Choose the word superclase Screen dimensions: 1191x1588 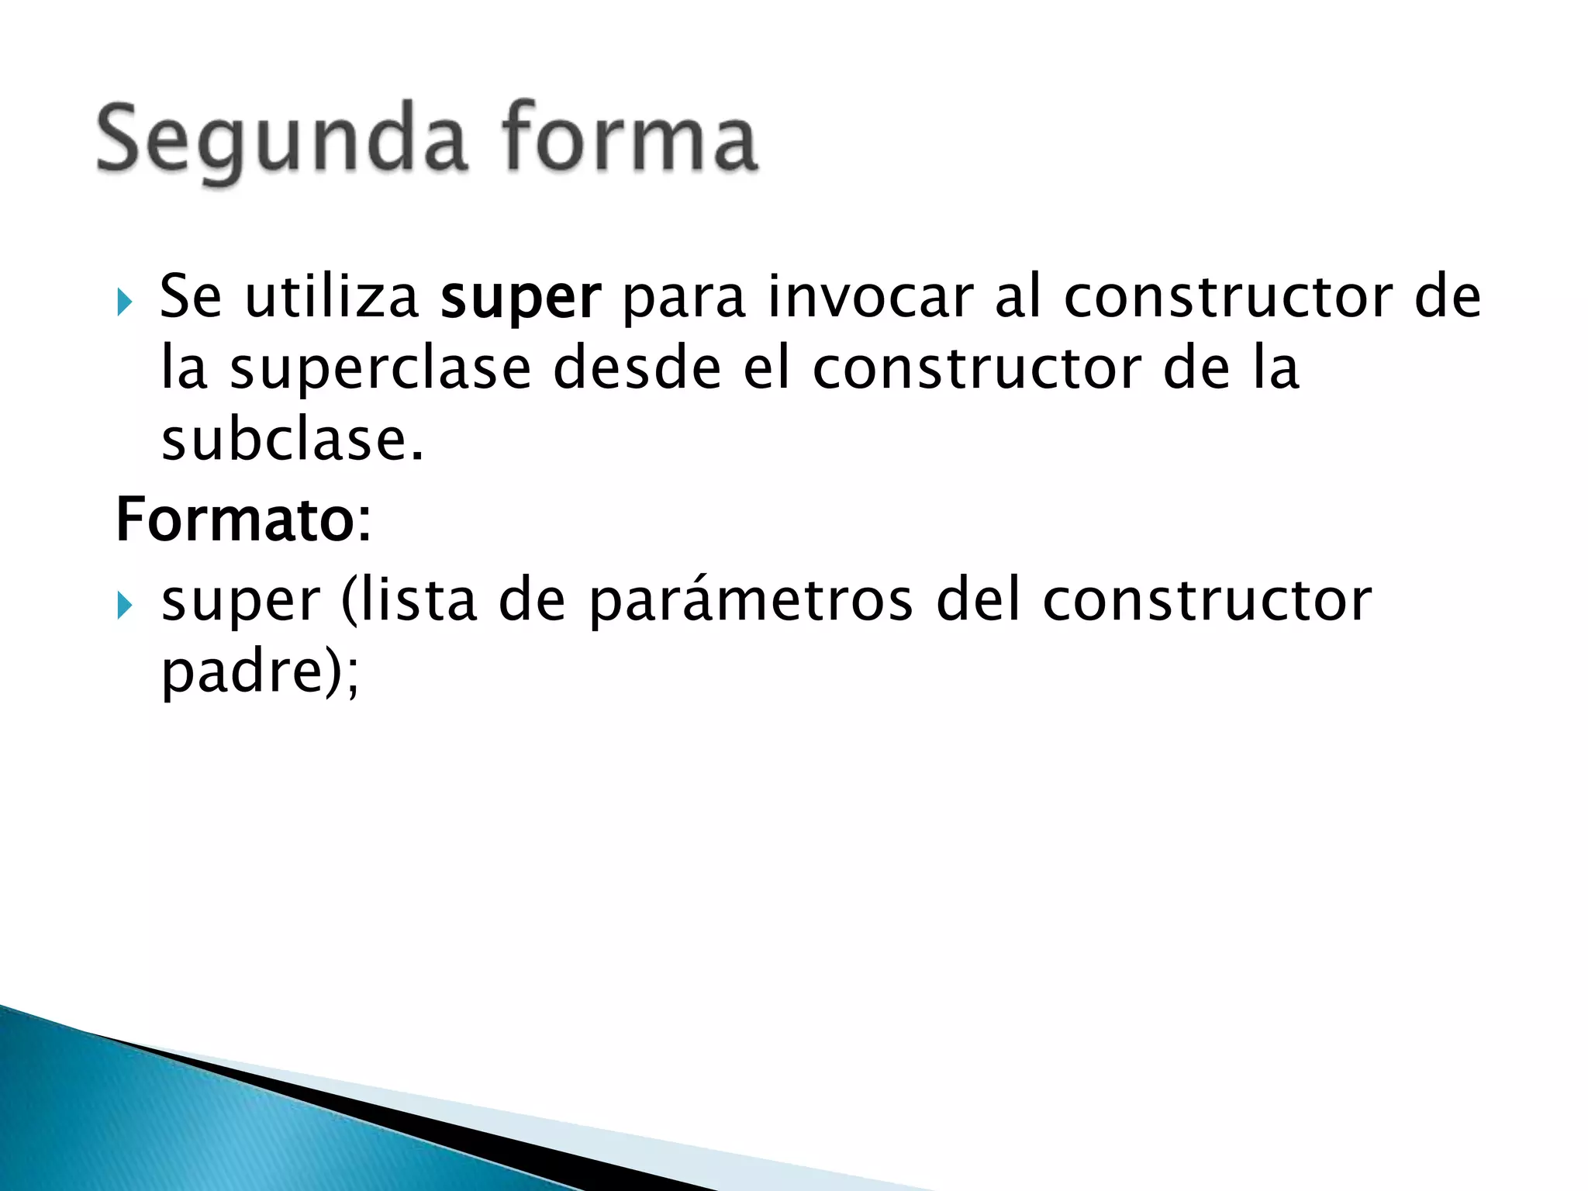[x=380, y=369]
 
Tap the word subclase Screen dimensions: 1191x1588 [x=292, y=440]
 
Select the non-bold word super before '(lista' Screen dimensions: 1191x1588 [x=240, y=602]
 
